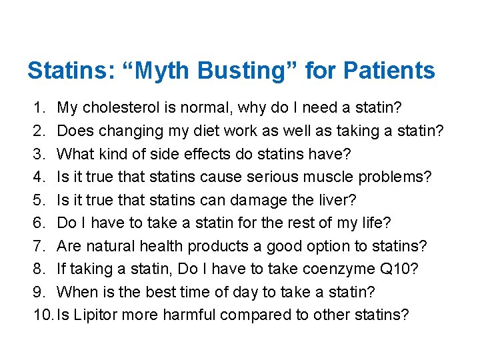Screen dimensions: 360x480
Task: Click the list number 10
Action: point(42,315)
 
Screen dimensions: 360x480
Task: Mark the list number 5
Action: point(39,200)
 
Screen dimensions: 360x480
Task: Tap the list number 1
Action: point(39,107)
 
